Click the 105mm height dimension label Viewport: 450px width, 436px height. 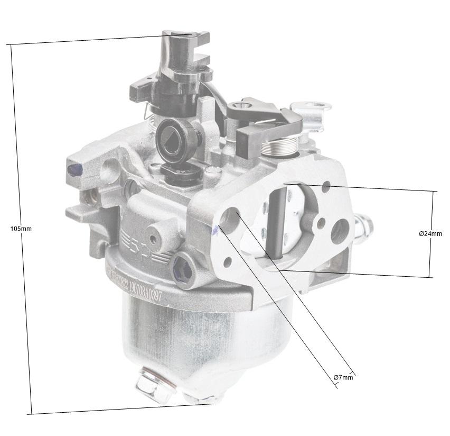pyautogui.click(x=21, y=229)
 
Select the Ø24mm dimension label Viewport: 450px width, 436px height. pyautogui.click(x=430, y=233)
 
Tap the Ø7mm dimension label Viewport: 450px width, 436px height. pyautogui.click(x=343, y=377)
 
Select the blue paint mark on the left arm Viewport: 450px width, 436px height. pyautogui.click(x=71, y=169)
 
